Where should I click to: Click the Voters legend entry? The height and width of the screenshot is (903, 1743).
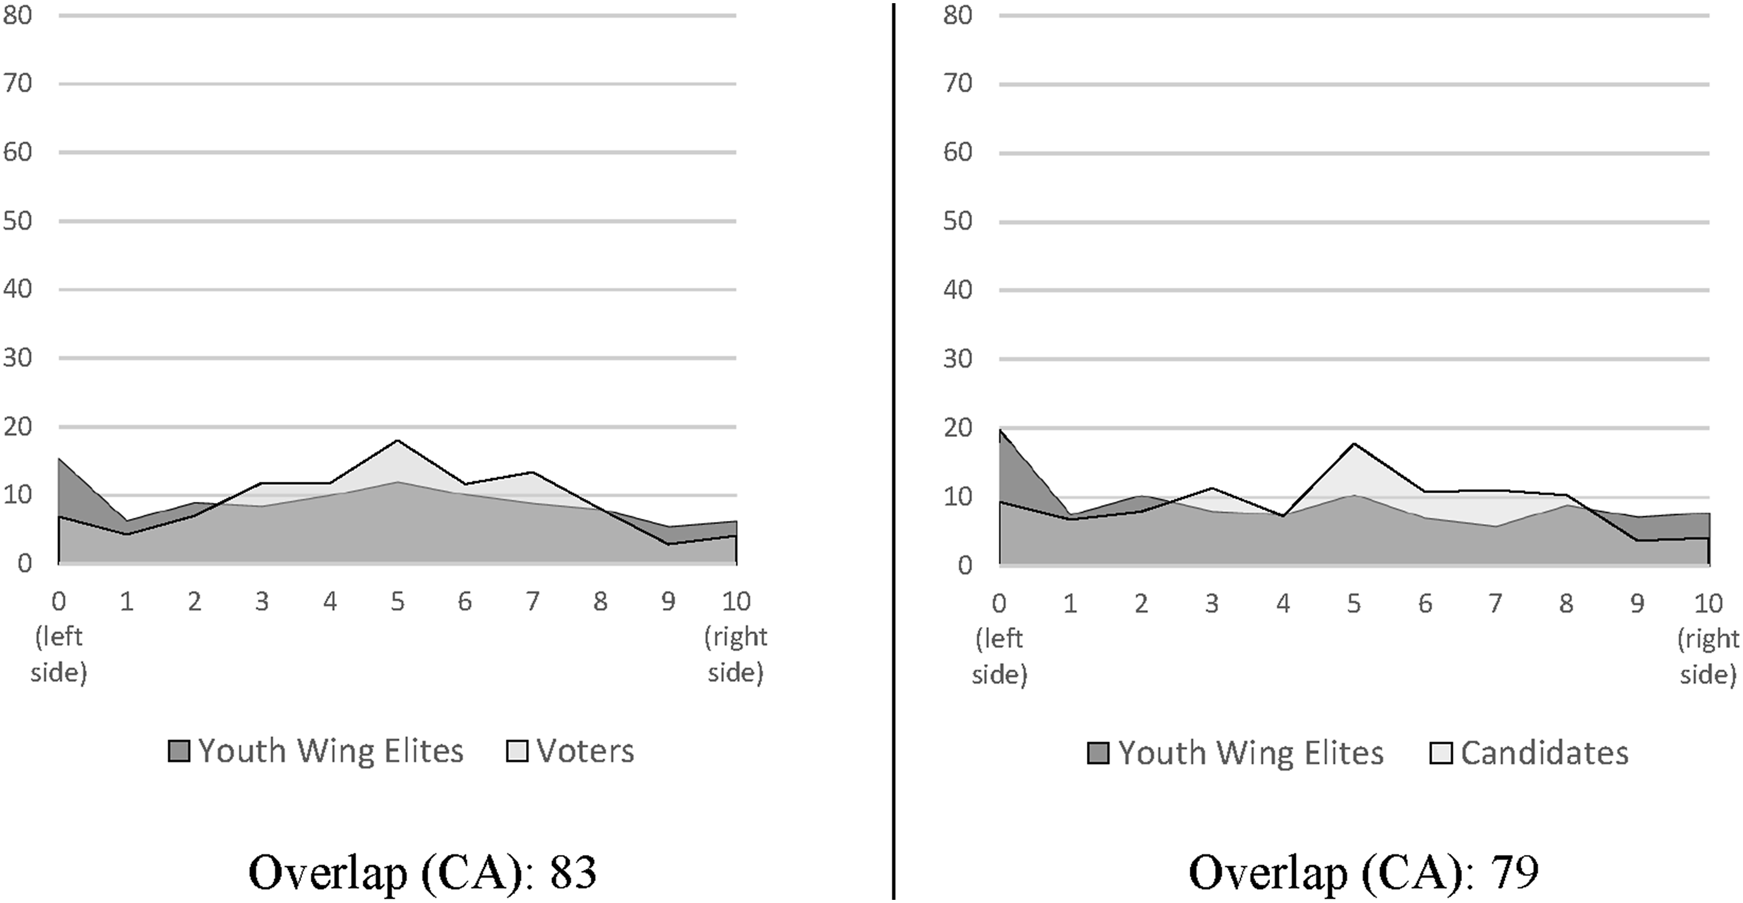click(x=570, y=751)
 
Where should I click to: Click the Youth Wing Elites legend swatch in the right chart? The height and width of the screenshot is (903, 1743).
click(x=1098, y=753)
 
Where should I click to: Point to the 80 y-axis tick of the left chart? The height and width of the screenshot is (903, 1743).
click(x=18, y=16)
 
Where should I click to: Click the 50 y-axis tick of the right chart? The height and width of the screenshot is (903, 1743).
click(x=957, y=221)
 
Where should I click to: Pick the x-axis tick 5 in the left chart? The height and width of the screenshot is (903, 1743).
click(x=397, y=601)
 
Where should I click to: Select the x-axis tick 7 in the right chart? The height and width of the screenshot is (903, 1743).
click(x=1496, y=602)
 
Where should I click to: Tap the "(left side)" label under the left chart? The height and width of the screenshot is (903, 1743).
click(x=59, y=654)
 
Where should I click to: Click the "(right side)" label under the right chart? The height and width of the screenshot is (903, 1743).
click(x=1708, y=656)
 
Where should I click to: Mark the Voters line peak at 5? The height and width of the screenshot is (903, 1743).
click(x=397, y=440)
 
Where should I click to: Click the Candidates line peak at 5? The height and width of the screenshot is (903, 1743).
click(x=1354, y=443)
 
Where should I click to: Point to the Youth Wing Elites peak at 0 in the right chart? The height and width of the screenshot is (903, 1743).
click(x=1000, y=429)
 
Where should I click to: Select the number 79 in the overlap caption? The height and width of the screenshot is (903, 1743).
click(x=1514, y=872)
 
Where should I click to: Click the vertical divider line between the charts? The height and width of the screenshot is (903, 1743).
click(x=894, y=451)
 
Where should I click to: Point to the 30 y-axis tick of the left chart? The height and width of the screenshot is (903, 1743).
click(x=18, y=358)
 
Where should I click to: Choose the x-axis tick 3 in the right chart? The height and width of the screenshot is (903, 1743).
click(x=1211, y=602)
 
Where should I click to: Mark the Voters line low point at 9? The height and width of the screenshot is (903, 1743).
click(x=669, y=544)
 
